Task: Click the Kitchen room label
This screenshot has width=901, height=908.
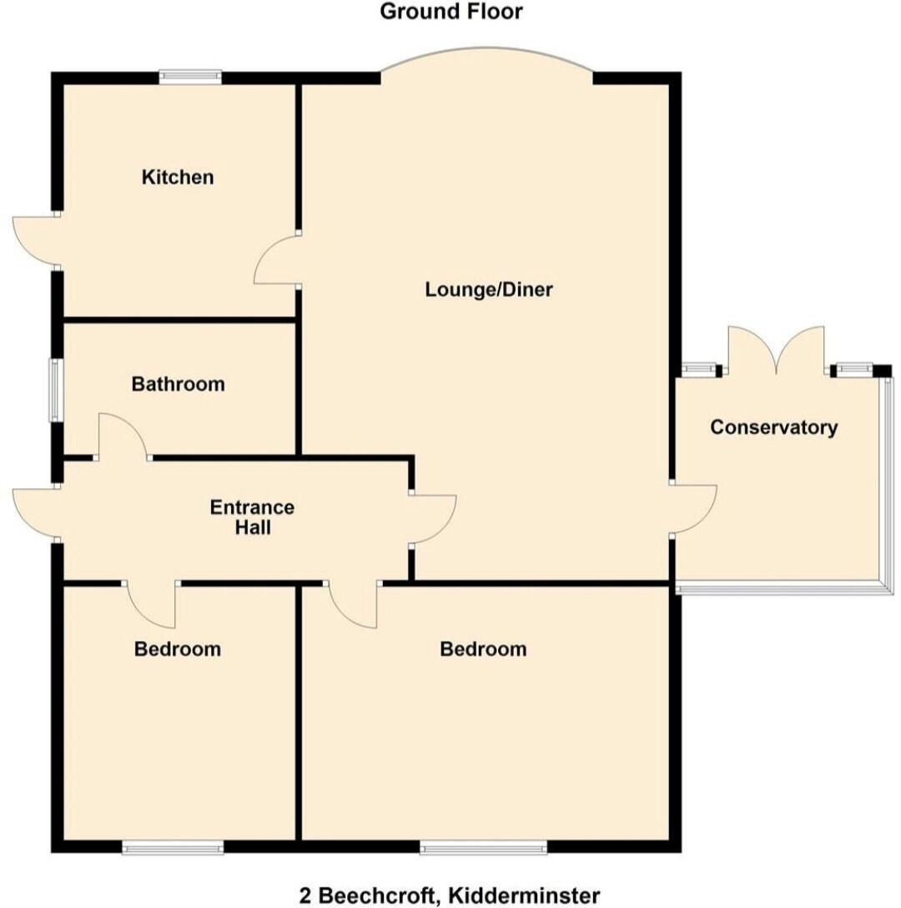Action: [x=178, y=177]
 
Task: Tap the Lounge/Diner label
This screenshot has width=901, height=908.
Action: [x=489, y=290]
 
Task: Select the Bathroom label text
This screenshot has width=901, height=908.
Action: [x=178, y=384]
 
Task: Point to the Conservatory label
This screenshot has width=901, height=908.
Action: [x=773, y=427]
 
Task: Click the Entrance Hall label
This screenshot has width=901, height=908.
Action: [x=251, y=517]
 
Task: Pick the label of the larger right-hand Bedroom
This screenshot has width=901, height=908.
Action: [x=483, y=648]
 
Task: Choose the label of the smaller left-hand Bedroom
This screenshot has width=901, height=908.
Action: [x=178, y=648]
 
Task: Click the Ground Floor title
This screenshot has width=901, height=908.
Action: [x=451, y=12]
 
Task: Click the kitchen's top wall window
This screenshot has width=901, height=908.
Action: [x=191, y=77]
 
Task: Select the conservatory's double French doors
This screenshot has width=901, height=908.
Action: [x=778, y=351]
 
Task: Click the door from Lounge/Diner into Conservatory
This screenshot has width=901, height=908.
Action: [x=694, y=508]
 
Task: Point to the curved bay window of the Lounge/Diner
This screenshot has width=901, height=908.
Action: [x=487, y=57]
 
